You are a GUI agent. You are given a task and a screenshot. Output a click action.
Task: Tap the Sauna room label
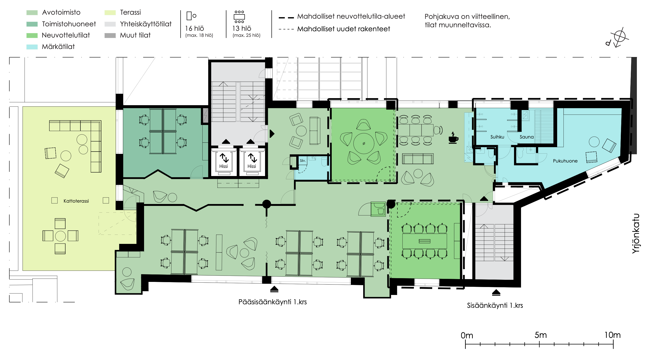point(527,137)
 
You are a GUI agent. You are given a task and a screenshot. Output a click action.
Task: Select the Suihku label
point(497,137)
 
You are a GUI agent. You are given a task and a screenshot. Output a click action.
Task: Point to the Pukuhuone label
point(565,161)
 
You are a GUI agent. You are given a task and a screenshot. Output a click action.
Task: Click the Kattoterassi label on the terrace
point(76,201)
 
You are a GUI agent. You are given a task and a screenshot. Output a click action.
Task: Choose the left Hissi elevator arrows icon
point(224,158)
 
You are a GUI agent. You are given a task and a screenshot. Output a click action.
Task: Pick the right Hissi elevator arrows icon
point(252,158)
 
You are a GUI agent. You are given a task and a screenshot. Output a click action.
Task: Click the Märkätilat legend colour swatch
point(32,47)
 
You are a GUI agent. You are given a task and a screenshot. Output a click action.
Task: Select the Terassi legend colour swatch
point(110,12)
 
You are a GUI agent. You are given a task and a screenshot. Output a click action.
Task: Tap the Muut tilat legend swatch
point(110,35)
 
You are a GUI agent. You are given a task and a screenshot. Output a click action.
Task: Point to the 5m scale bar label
point(541,335)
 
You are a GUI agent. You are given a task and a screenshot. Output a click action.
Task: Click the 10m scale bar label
point(612,335)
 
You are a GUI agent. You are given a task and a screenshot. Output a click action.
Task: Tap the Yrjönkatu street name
point(636,234)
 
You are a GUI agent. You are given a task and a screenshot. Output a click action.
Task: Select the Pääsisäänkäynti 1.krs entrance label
point(273,302)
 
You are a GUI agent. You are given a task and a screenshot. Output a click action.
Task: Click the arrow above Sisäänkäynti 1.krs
point(496,292)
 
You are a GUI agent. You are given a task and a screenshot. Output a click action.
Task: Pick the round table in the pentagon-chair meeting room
point(364,143)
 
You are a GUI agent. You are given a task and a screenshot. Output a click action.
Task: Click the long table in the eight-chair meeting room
point(425,241)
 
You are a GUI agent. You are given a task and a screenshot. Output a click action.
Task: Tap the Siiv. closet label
point(303,160)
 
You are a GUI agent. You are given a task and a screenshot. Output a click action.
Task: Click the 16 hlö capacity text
point(194,28)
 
